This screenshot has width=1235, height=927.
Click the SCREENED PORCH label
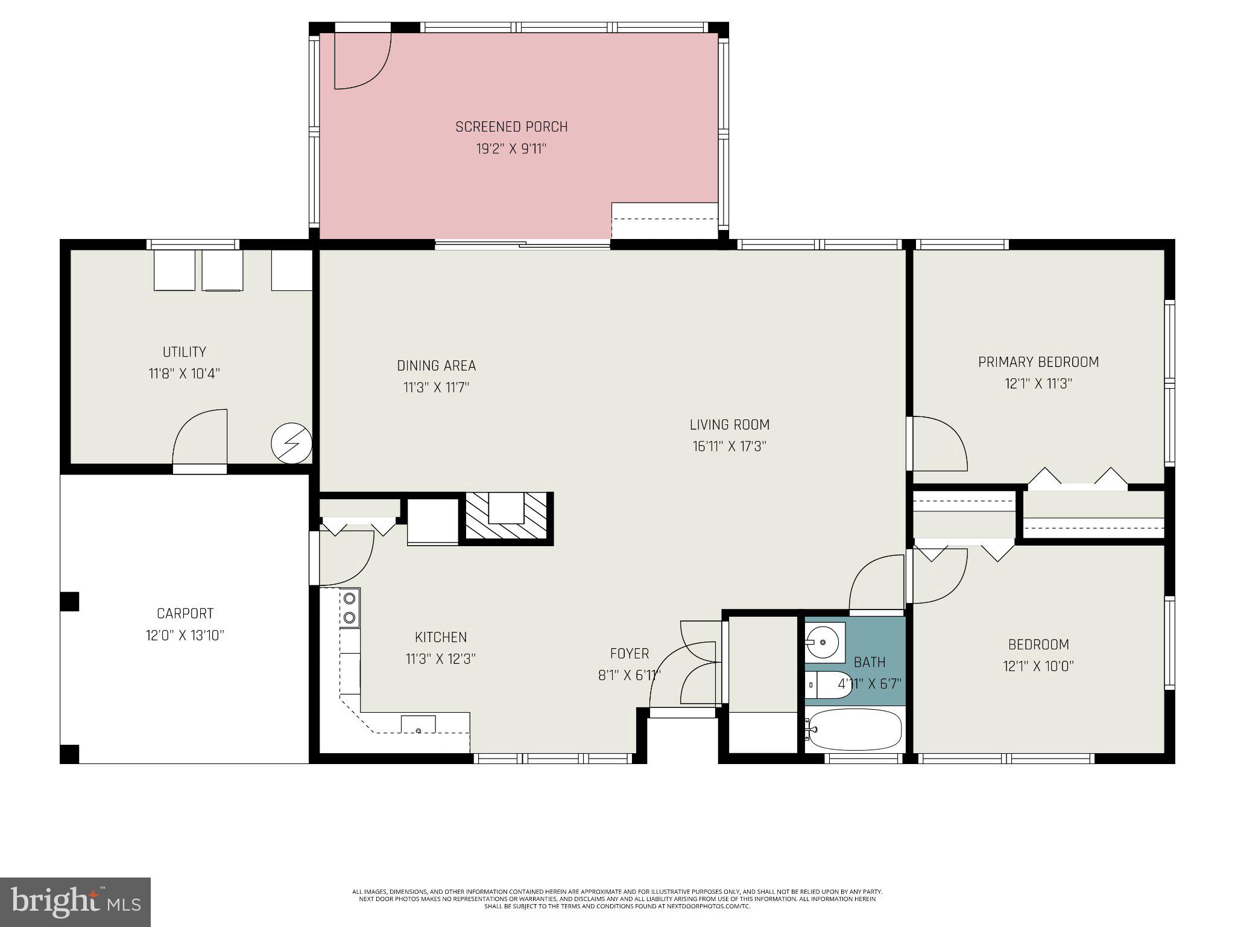coord(511,127)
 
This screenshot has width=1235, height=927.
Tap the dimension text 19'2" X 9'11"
coord(511,148)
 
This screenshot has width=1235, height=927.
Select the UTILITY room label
coord(184,352)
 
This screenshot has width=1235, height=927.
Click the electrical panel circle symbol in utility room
coord(291,444)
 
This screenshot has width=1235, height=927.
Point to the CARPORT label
coord(185,614)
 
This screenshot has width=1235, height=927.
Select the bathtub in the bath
coord(854,729)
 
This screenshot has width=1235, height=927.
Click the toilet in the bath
coord(827,685)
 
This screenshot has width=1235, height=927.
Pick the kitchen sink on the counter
coord(419,724)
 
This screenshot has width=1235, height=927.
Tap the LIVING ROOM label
coord(729,425)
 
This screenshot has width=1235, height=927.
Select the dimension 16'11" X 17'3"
coord(729,447)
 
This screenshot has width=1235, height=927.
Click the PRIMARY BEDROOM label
coord(1038,362)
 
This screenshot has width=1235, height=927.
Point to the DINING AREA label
coord(436,366)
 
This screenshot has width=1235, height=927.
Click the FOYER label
coord(629,654)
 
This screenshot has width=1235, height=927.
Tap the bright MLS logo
coord(75,902)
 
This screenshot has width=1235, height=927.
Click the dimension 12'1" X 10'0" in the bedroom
coord(1038,666)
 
